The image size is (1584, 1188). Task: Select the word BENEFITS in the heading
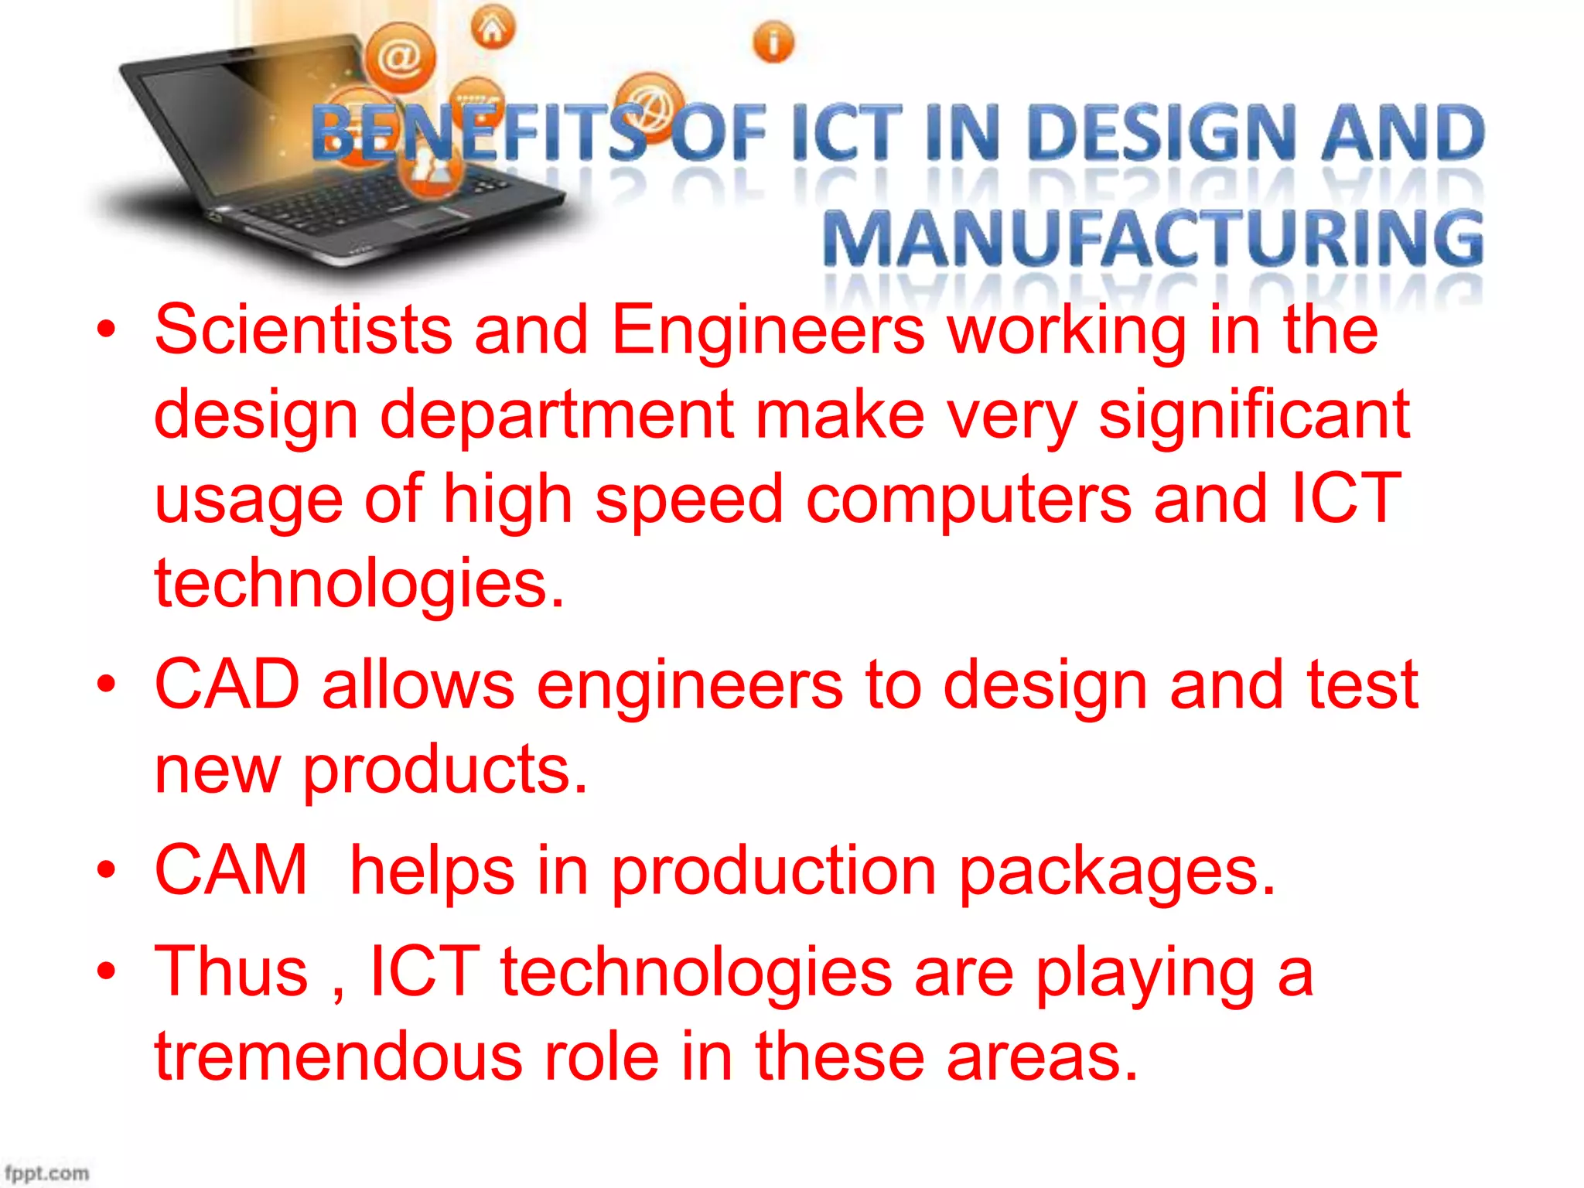[480, 133]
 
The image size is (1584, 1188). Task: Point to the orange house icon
[493, 29]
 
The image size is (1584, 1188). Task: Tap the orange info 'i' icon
[773, 42]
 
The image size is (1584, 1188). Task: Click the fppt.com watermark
[46, 1173]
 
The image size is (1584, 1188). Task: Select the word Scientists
[303, 330]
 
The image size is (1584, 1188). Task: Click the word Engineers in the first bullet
[767, 330]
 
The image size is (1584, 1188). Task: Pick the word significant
[1254, 415]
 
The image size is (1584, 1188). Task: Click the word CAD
[227, 684]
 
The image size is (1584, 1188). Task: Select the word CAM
[231, 870]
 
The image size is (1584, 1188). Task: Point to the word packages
[1117, 872]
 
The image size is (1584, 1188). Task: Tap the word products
[444, 770]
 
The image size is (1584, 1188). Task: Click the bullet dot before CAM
[106, 870]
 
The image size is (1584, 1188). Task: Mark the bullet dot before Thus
[106, 971]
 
